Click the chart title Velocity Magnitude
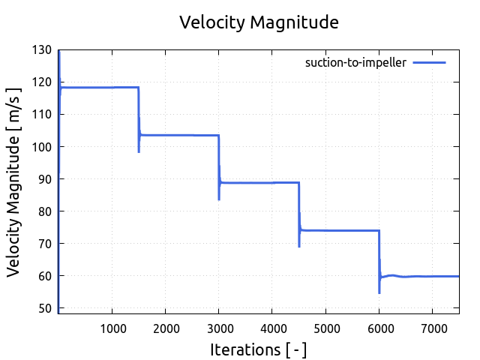click(259, 22)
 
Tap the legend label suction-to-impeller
click(355, 63)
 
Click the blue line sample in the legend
click(429, 63)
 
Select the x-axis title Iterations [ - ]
click(259, 349)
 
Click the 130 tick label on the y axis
click(42, 50)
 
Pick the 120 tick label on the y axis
click(42, 82)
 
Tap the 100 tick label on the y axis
click(42, 147)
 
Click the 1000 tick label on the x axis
click(112, 327)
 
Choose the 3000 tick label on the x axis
click(218, 327)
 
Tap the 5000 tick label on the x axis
click(325, 327)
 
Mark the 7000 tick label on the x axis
click(432, 327)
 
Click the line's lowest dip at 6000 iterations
click(379, 292)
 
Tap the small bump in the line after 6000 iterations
click(391, 275)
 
